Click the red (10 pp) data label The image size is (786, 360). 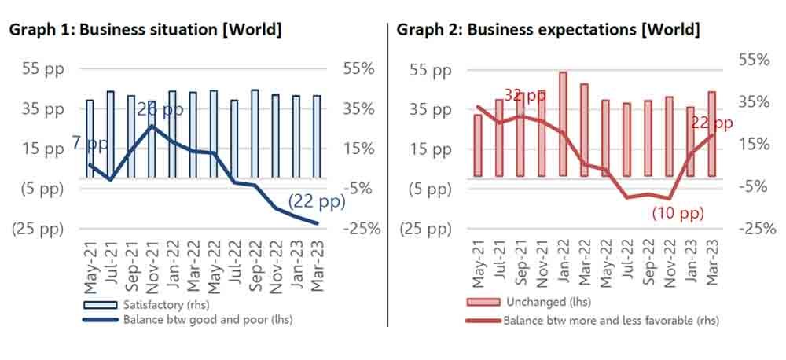pos(678,213)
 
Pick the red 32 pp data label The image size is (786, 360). pos(525,95)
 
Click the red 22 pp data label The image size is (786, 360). pos(711,123)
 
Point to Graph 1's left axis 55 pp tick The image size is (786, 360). pos(42,68)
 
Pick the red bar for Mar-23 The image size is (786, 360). pos(712,134)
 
